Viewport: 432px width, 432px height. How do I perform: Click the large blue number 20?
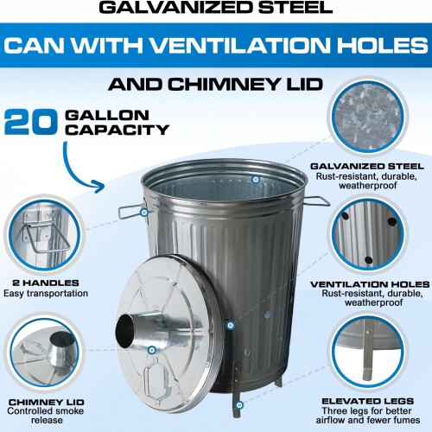click(31, 122)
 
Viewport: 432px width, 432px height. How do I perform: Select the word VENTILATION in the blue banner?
click(239, 45)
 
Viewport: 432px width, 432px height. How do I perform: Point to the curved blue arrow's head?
click(99, 187)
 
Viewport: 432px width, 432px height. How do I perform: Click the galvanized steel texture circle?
click(368, 117)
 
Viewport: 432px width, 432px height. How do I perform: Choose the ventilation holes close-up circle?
click(368, 235)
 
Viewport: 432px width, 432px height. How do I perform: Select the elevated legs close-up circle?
click(368, 353)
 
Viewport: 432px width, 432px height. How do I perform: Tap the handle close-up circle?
click(44, 235)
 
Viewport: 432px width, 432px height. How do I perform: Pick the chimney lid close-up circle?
click(44, 353)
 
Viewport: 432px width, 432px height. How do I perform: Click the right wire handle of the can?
click(317, 201)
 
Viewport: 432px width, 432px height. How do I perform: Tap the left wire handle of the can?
click(130, 212)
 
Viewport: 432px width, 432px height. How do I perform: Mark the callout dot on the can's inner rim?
click(255, 180)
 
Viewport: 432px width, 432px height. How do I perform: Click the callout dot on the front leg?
click(239, 405)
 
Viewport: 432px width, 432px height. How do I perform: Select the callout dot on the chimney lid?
click(152, 350)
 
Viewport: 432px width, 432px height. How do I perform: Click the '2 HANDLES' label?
click(46, 283)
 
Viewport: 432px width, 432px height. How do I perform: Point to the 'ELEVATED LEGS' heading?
click(368, 401)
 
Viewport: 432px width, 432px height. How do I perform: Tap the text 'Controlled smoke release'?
click(46, 416)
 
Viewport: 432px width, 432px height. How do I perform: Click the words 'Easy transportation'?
click(46, 294)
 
